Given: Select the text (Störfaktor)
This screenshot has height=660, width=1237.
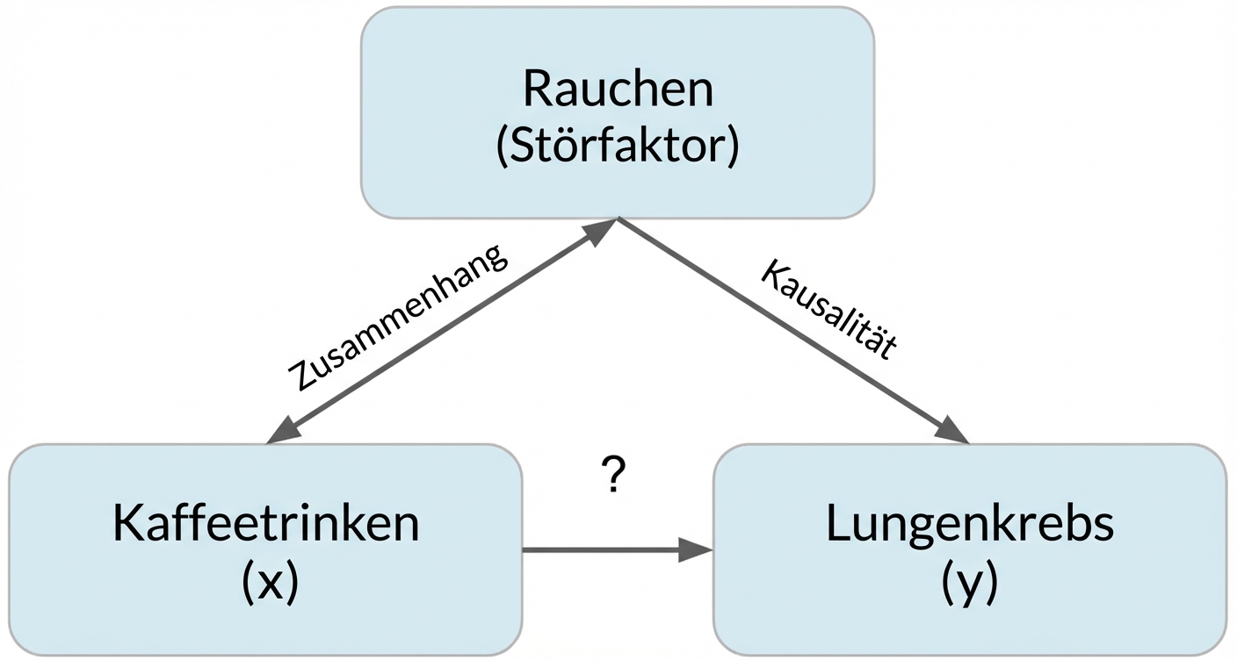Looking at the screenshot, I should (x=618, y=147).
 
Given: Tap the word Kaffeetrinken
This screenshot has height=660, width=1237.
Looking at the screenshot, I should (x=265, y=524).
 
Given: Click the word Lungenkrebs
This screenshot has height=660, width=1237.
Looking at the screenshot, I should (x=970, y=524).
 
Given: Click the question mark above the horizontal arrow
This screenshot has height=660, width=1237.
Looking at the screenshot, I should (x=615, y=477).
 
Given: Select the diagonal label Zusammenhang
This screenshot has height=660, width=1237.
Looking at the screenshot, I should (x=398, y=317).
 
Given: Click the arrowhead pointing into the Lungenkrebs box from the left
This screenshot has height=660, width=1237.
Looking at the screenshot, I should (x=697, y=550).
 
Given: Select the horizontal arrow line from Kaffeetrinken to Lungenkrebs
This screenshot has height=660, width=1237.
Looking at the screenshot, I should (x=606, y=550).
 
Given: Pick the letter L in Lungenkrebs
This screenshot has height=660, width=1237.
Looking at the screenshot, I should (x=836, y=524).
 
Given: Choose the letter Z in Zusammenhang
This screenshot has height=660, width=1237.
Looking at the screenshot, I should (x=300, y=379).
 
